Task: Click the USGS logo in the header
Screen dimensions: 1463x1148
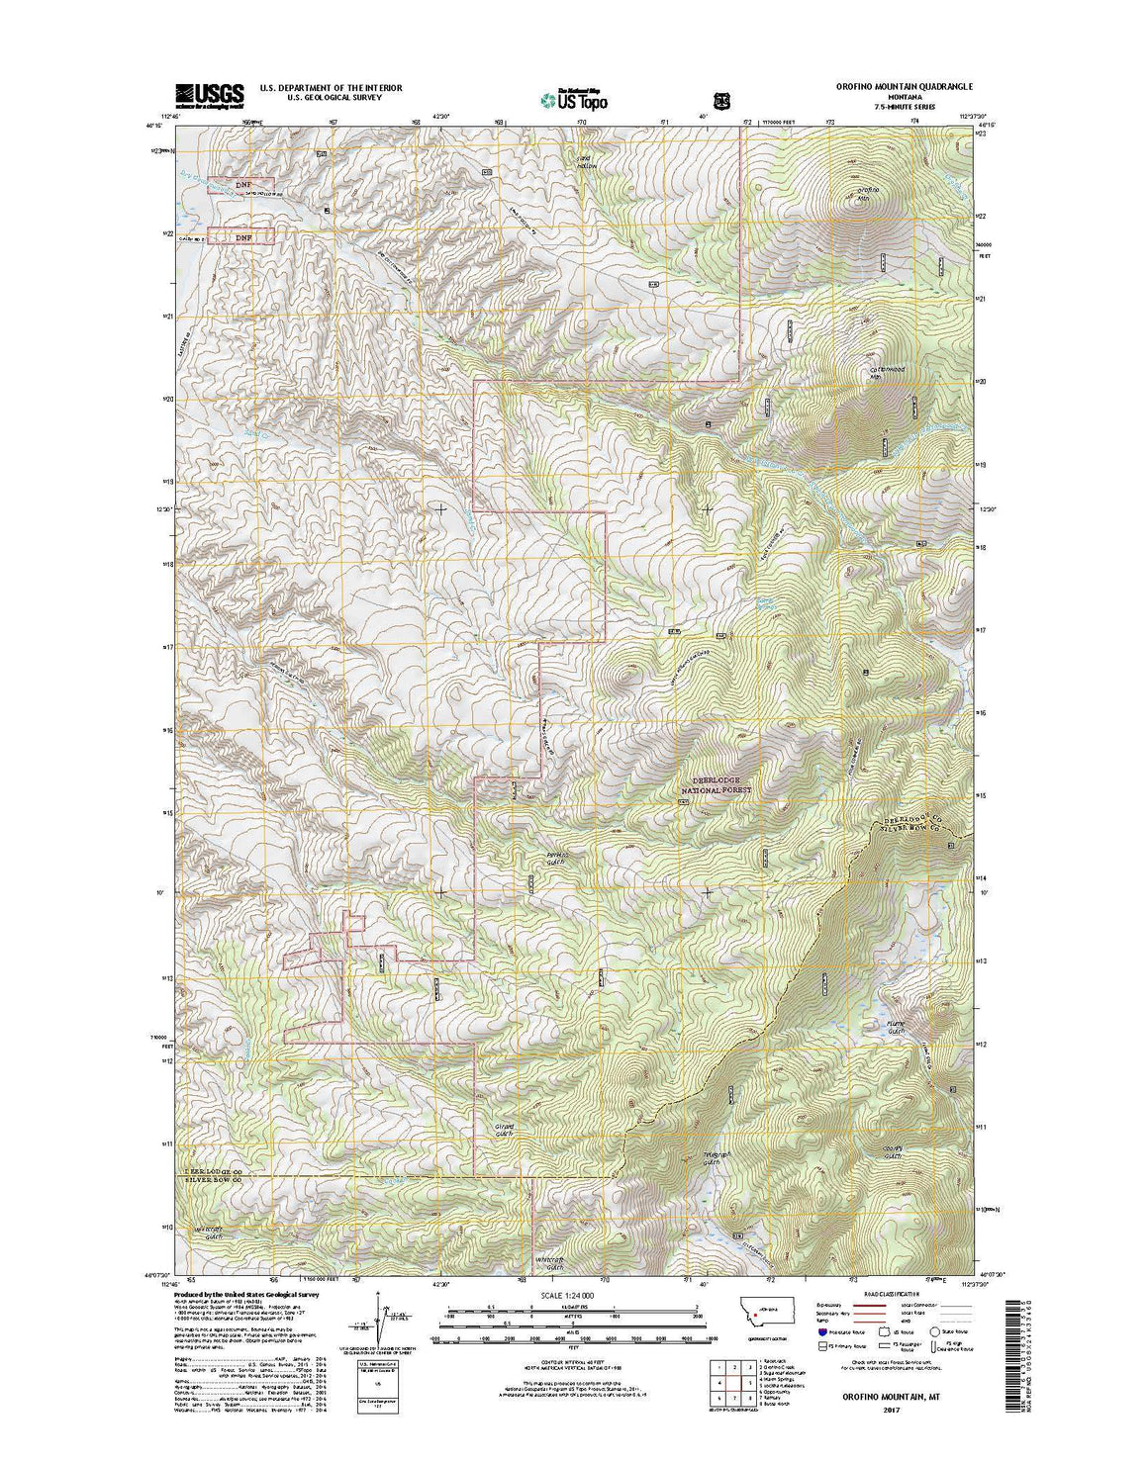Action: point(209,94)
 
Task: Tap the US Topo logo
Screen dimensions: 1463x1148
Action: point(574,99)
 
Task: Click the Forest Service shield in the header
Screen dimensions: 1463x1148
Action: point(721,99)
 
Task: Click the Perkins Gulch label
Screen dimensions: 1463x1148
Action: point(555,859)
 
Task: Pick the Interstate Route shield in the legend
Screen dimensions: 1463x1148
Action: point(823,1346)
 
